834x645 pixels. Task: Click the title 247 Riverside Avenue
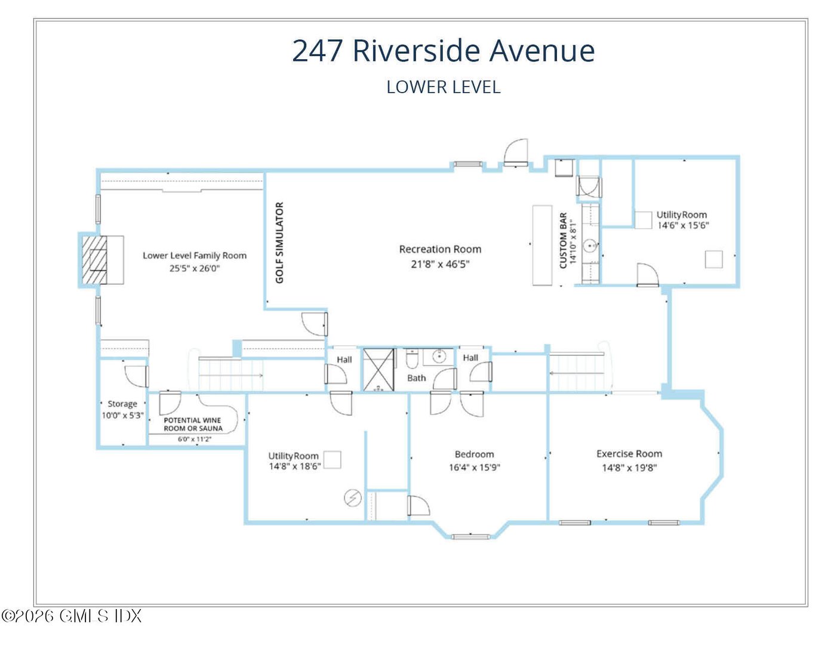pos(443,51)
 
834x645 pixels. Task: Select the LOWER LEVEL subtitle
pos(443,87)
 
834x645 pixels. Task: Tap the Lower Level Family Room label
pos(195,256)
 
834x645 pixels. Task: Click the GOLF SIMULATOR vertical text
pos(279,242)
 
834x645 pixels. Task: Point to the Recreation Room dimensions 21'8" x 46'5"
pos(440,264)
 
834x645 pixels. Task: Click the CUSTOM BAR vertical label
pos(563,240)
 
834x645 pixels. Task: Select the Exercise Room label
pos(629,454)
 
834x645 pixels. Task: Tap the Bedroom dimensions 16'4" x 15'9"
pos(474,468)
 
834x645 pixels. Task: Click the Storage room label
pos(122,404)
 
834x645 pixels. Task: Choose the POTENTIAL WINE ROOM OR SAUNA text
pos(193,424)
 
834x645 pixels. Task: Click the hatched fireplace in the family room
pos(94,260)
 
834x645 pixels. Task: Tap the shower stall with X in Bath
pos(378,370)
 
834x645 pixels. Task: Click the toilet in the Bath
pos(412,360)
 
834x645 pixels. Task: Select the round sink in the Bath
pos(440,357)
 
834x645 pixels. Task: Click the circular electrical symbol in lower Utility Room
pos(353,497)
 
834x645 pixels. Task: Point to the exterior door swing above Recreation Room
pos(516,152)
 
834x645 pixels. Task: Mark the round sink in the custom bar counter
pos(590,245)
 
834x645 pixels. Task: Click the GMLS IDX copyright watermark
pos(72,616)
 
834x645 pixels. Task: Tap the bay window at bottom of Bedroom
pos(471,536)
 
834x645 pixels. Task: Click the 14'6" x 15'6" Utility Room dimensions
pos(683,226)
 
